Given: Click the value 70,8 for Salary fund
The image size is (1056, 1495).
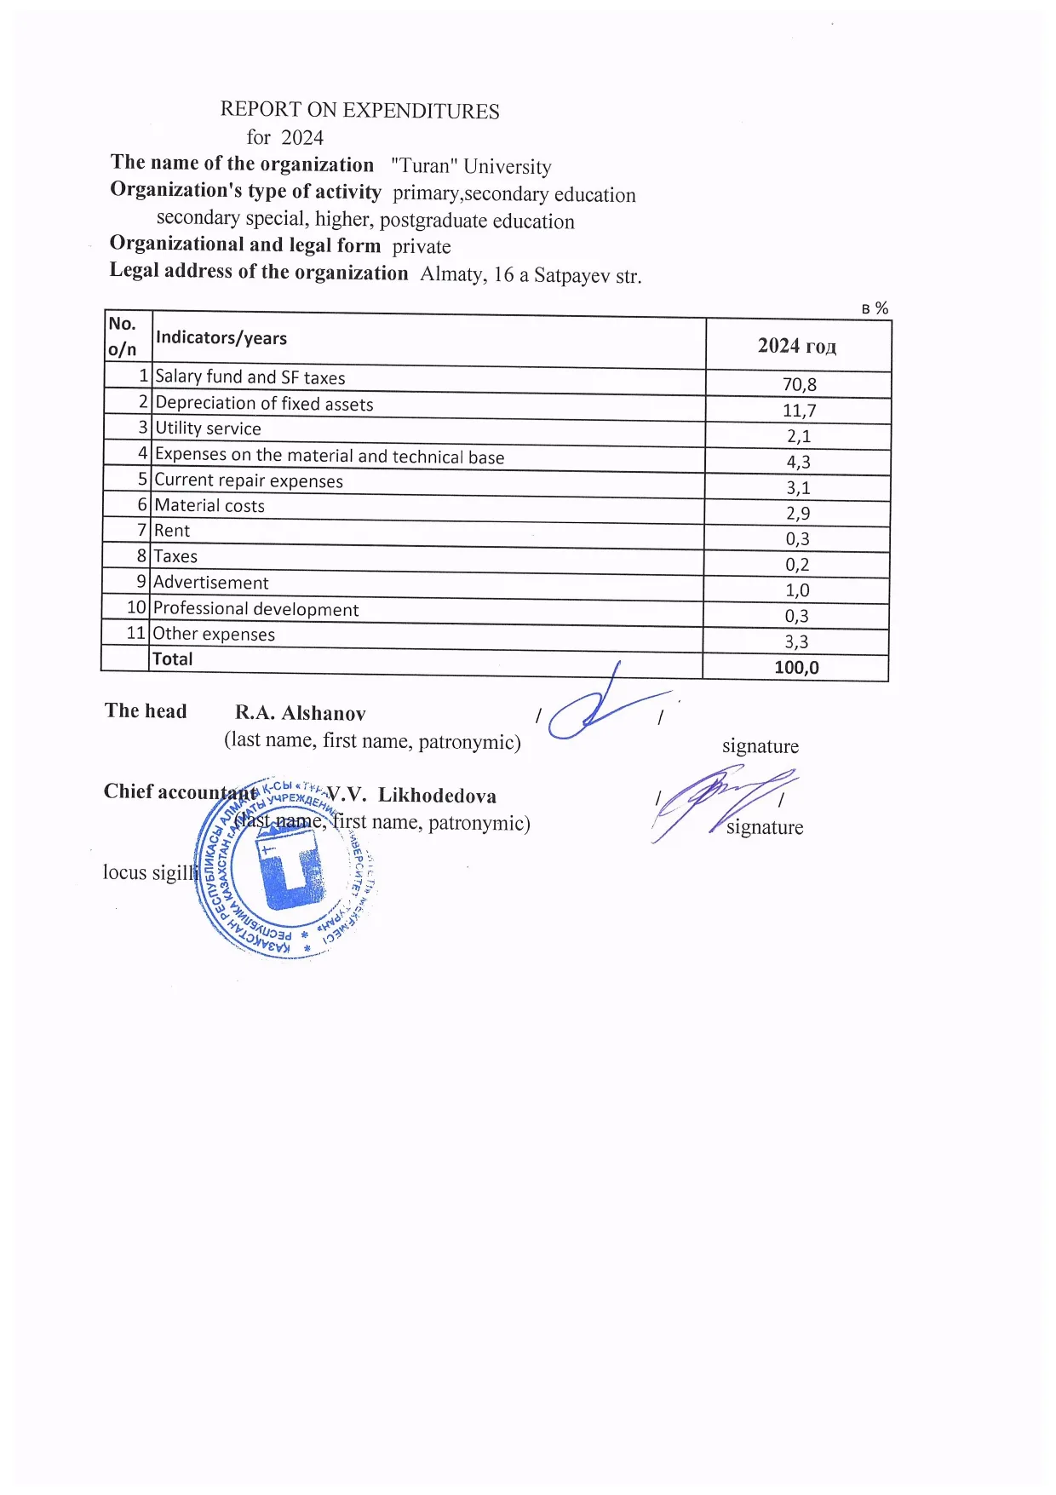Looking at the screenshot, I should click(799, 385).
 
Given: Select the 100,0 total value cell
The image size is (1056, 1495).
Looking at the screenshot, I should click(796, 668).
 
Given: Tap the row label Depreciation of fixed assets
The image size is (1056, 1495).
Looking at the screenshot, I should click(264, 404).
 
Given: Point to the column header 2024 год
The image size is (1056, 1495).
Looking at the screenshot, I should click(797, 346).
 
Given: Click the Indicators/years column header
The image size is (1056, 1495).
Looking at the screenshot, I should click(221, 338).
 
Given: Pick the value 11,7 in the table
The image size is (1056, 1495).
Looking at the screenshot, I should click(799, 411).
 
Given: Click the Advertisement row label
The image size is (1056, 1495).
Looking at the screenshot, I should click(210, 583).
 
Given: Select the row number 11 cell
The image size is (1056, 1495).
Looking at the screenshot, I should click(135, 633).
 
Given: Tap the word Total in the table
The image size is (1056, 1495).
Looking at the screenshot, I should click(172, 659).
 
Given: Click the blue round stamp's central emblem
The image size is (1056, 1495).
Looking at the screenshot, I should click(290, 869).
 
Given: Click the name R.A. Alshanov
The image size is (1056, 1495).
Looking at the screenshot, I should click(300, 714).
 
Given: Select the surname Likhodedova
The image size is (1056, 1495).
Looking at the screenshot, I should click(437, 796).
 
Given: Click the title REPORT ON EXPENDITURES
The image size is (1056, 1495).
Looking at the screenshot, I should click(359, 110).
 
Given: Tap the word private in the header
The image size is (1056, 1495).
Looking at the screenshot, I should click(422, 247).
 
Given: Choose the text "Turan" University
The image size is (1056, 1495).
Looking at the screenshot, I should click(471, 166).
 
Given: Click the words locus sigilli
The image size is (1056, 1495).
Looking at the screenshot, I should click(150, 872).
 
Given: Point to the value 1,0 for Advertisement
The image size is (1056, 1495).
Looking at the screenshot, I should click(797, 590).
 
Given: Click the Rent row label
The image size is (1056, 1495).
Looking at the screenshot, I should click(172, 531).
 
